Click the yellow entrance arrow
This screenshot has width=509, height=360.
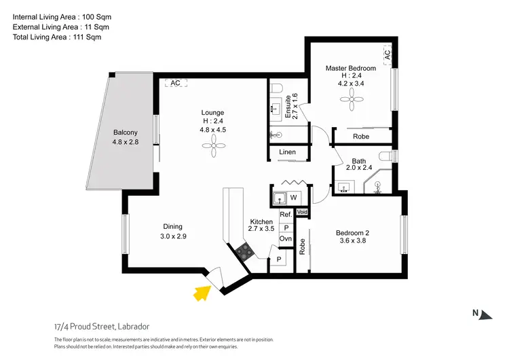(201, 293)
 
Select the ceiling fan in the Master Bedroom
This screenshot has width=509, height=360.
(351, 102)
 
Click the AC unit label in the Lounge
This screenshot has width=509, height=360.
(175, 83)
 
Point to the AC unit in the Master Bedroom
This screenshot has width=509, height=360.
(388, 54)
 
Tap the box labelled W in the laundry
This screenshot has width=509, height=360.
(293, 198)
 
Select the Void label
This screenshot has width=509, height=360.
(302, 213)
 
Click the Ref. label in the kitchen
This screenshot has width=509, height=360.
(286, 215)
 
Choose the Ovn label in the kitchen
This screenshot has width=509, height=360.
(286, 239)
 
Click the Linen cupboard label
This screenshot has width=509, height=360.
(287, 152)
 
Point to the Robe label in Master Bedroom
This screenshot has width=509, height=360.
(361, 137)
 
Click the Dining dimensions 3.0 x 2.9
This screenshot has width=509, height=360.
(172, 236)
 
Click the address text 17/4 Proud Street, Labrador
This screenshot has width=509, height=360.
(102, 325)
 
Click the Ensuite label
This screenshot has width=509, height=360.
(288, 106)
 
